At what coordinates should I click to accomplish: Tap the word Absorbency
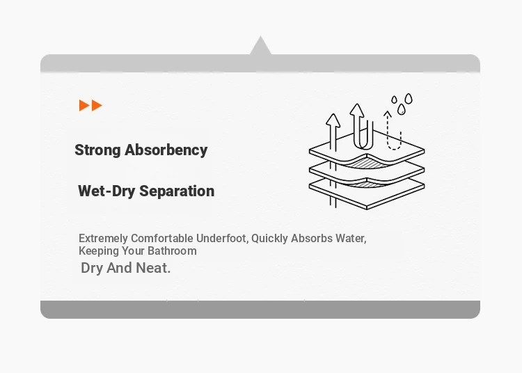pyautogui.click(x=166, y=150)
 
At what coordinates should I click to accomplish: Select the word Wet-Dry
pyautogui.click(x=106, y=191)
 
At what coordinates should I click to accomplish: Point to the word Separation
pyautogui.click(x=177, y=191)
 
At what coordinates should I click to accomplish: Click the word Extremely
pyautogui.click(x=103, y=239)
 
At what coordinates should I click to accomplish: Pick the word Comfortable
pyautogui.click(x=161, y=238)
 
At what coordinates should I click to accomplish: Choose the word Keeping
pyautogui.click(x=99, y=251)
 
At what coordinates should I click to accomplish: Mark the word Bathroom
pyautogui.click(x=172, y=251)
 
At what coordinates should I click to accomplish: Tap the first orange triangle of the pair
pyautogui.click(x=84, y=106)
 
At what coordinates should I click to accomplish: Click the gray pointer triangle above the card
pyautogui.click(x=260, y=46)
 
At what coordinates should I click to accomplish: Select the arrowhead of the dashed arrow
pyautogui.click(x=387, y=114)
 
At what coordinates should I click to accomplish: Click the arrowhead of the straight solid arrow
pyautogui.click(x=333, y=120)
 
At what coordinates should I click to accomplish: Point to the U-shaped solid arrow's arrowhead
pyautogui.click(x=357, y=110)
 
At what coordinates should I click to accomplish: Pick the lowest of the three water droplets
pyautogui.click(x=402, y=109)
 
